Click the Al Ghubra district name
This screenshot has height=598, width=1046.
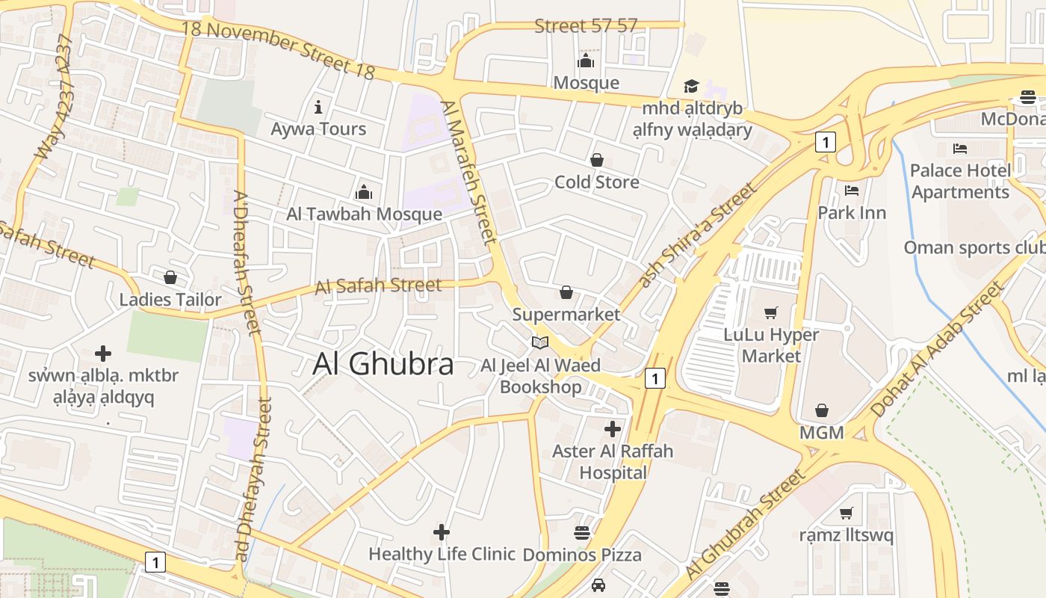tap(383, 364)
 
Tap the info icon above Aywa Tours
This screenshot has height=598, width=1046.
tap(318, 107)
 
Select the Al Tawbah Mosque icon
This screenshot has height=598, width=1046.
tap(364, 192)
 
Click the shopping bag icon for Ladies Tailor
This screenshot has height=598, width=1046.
tap(170, 277)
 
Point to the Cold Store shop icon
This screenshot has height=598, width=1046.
tap(597, 160)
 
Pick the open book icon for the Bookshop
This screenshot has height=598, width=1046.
tap(540, 342)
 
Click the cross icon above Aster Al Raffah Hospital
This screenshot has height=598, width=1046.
tap(613, 429)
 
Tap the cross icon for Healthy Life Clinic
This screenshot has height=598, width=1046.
tap(442, 532)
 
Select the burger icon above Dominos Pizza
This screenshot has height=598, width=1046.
tap(582, 533)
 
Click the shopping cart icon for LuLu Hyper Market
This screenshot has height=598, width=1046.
tap(771, 312)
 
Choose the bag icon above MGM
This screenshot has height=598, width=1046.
tap(822, 410)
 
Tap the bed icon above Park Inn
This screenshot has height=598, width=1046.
tap(852, 191)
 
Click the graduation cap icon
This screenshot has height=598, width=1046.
tap(691, 87)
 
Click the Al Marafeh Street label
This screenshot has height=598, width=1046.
tap(468, 173)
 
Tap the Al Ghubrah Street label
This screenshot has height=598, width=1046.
tap(746, 524)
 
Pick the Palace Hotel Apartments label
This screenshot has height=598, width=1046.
tap(960, 181)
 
